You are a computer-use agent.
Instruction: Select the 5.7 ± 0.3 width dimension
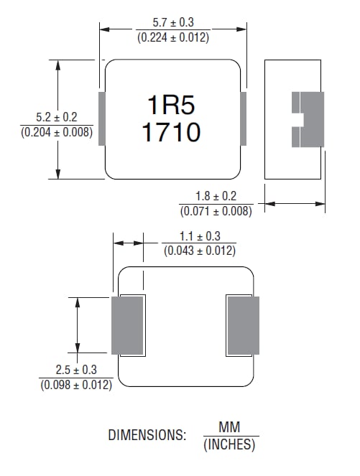[172, 22]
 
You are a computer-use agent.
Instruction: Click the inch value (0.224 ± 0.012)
[172, 37]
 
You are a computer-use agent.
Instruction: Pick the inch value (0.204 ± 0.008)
[56, 131]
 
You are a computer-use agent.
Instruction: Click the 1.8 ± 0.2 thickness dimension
[216, 196]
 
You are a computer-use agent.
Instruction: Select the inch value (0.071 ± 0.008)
[216, 210]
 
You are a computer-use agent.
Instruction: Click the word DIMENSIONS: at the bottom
[147, 435]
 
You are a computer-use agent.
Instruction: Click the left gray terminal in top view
[101, 118]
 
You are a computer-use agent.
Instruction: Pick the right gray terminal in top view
[243, 118]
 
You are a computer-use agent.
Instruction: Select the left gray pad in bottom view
[127, 325]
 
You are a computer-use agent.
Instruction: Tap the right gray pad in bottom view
[243, 325]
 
